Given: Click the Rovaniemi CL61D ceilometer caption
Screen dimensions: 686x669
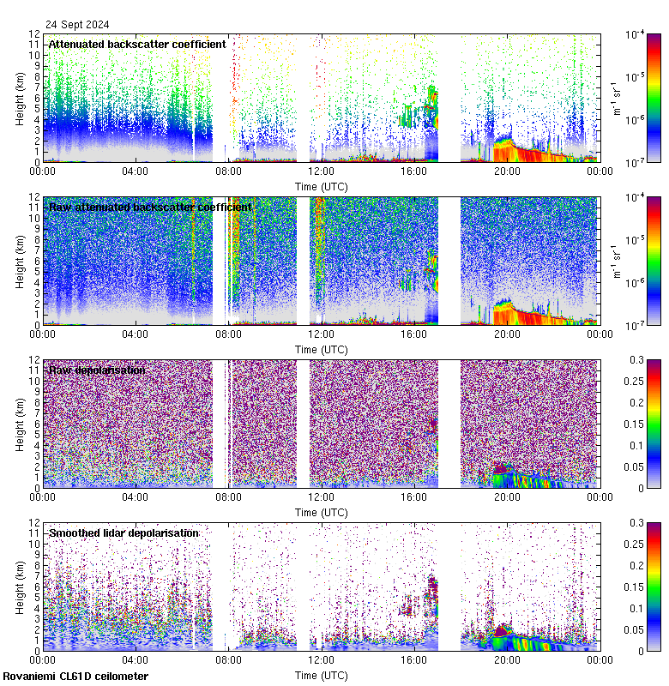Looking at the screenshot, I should click(75, 677).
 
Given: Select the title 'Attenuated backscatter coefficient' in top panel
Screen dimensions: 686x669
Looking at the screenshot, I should click(137, 44).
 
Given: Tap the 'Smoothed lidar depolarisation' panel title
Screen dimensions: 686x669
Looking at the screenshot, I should click(124, 533).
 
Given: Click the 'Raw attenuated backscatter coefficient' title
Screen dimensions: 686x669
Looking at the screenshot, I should click(150, 207).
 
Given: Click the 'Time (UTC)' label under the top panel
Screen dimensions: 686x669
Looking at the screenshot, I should click(321, 186).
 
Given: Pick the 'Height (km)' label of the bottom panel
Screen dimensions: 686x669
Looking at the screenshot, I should click(21, 587).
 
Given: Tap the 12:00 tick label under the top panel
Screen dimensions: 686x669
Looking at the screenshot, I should click(321, 171).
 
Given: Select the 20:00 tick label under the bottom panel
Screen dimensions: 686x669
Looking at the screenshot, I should click(506, 660).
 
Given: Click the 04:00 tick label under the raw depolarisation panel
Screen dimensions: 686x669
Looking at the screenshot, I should click(136, 497).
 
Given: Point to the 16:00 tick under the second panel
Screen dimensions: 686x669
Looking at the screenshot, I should click(413, 334).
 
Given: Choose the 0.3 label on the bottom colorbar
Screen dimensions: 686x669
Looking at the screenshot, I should click(638, 522).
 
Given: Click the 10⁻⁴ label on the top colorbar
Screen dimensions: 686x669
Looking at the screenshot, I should click(636, 34).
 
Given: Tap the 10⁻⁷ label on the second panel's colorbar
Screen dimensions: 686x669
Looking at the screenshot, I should click(636, 325).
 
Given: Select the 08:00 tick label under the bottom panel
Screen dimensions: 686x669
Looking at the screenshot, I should click(228, 660).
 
